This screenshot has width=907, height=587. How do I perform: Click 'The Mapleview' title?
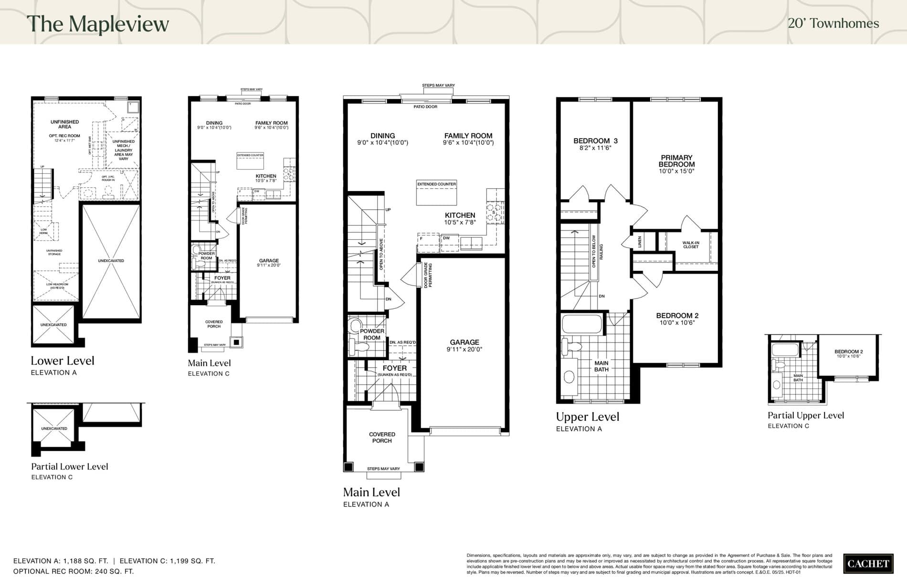98,24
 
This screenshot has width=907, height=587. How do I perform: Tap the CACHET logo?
868,564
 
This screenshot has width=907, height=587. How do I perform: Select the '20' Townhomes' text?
833,23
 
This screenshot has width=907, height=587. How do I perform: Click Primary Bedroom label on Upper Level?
676,161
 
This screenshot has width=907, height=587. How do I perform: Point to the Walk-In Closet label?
690,245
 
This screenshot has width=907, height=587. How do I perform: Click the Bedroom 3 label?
595,141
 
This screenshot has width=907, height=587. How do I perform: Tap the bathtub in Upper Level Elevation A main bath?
582,324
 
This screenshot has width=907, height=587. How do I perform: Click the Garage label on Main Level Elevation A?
464,342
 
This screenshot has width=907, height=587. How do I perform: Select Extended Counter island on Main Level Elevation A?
436,193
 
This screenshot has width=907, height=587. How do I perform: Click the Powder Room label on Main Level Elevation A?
372,334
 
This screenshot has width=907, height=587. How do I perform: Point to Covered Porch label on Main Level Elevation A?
382,438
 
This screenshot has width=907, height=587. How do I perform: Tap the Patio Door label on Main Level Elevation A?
425,107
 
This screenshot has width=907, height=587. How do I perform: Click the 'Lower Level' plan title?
63,361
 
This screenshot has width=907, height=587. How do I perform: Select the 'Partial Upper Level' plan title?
805,416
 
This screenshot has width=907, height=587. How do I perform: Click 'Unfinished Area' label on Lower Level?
64,124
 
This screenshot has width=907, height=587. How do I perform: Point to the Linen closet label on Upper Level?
640,242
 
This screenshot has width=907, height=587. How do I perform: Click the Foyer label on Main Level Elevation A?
395,368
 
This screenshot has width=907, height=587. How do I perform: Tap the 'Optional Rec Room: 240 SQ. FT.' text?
74,571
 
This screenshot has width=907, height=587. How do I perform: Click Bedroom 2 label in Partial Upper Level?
848,352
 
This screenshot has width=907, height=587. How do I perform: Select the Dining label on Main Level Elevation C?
214,123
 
